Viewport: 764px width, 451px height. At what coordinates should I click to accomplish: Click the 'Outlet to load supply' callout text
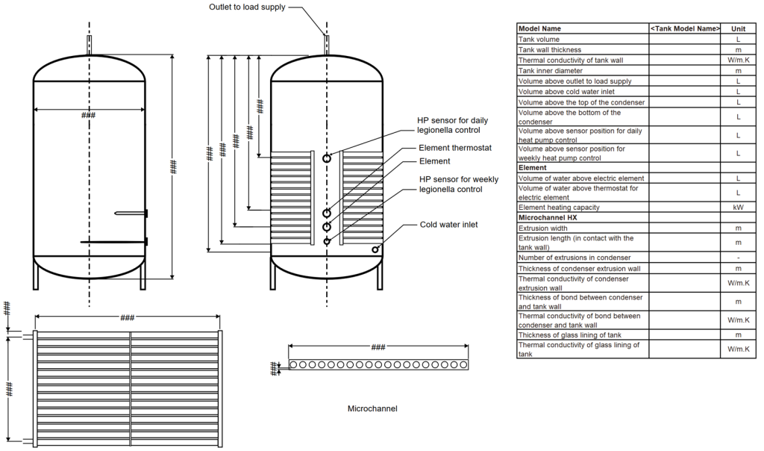246,7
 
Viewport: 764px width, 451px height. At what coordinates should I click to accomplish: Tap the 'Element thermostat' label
455,148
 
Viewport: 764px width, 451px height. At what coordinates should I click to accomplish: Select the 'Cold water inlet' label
448,224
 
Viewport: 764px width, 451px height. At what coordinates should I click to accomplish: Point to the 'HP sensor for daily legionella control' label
453,125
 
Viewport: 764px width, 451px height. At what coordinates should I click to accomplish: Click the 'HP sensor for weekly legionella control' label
458,184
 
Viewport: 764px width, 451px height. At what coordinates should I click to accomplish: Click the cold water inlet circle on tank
376,249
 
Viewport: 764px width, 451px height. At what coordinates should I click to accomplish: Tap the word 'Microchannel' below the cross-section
372,408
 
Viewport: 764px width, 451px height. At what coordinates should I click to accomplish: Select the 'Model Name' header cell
540,28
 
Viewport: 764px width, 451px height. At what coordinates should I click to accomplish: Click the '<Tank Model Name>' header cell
685,28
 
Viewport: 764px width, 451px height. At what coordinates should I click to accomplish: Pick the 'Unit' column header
738,28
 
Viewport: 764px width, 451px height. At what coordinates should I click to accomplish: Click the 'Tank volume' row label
539,39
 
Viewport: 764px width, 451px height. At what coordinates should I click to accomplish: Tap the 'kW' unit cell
738,207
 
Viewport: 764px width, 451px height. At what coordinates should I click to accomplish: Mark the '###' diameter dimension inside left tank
88,115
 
